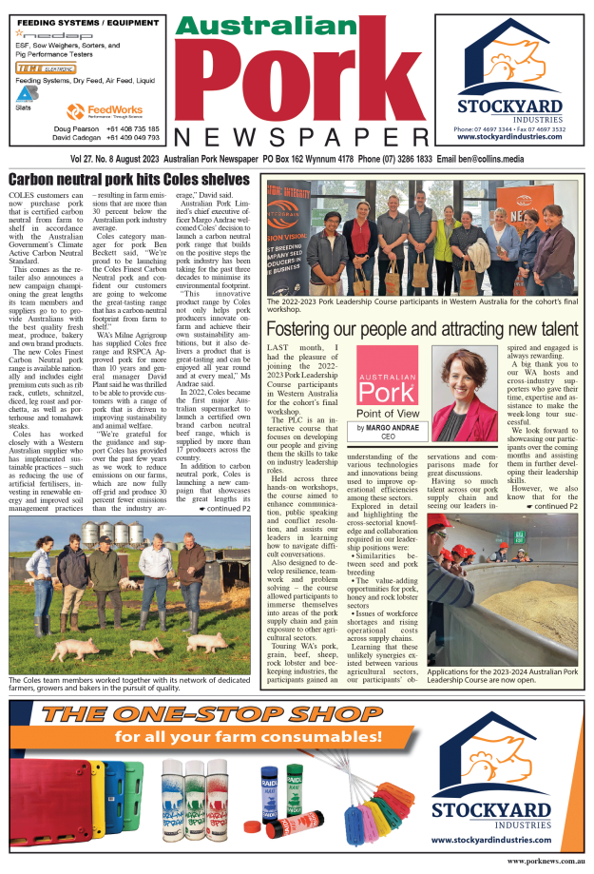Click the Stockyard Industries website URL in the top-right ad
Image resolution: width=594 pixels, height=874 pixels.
(x=511, y=136)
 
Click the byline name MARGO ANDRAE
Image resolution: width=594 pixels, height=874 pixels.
(x=391, y=428)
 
